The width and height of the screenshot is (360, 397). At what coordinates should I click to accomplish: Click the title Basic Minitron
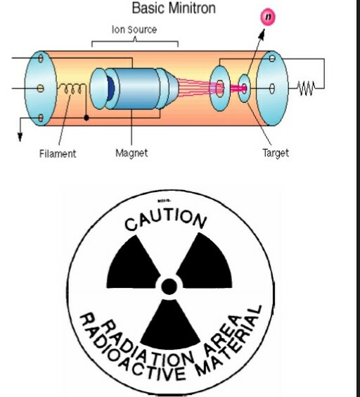[x=174, y=9]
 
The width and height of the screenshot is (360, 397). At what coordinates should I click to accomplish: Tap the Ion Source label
[x=134, y=30]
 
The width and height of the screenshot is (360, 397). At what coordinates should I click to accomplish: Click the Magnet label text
[x=131, y=153]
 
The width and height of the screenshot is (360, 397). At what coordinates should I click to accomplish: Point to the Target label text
[x=276, y=153]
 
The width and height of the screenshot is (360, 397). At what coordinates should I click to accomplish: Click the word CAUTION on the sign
[x=167, y=220]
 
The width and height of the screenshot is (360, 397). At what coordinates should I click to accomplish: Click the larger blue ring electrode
[x=221, y=88]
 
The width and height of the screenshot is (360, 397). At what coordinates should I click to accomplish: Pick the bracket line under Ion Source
[x=134, y=41]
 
